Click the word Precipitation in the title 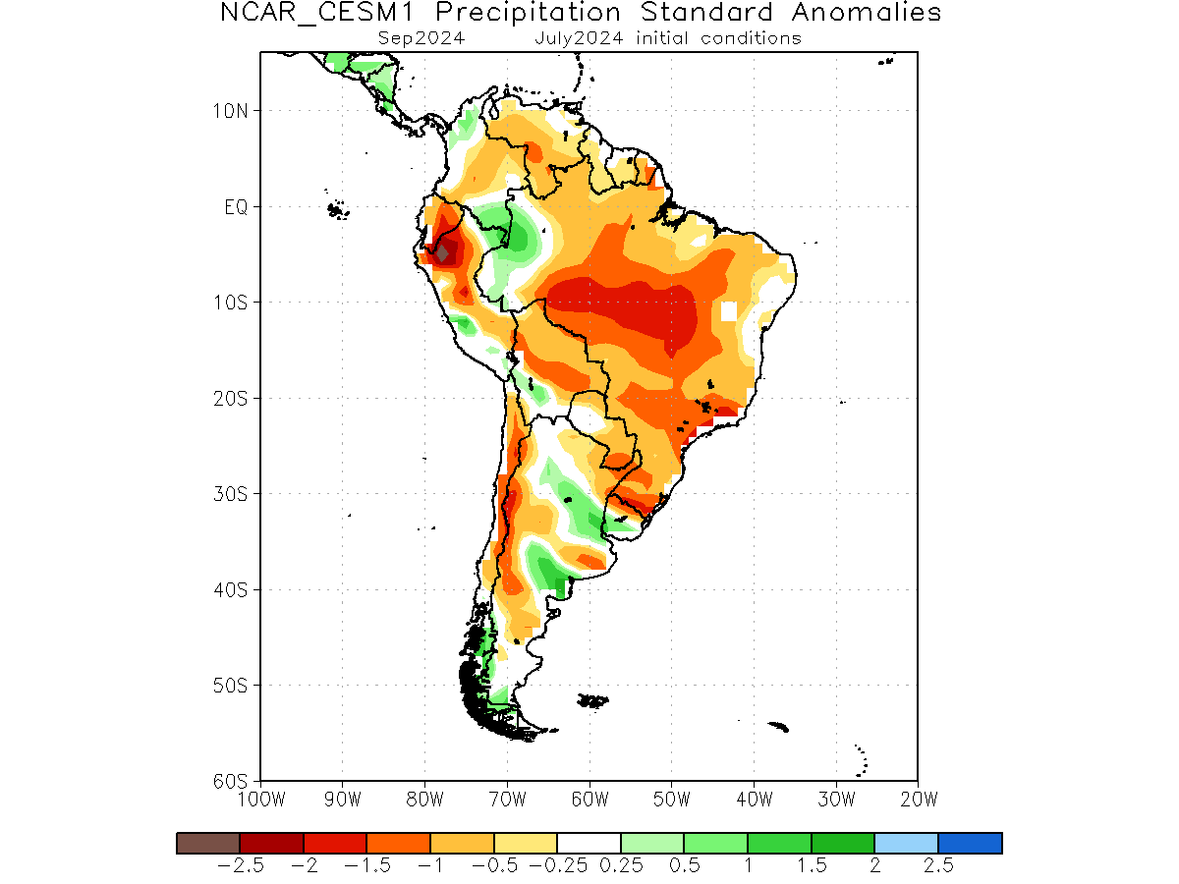tap(528, 12)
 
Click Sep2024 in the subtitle tap(421, 38)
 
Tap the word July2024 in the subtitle tap(579, 38)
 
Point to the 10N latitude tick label tap(231, 111)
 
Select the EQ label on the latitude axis tap(236, 206)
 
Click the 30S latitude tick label tap(231, 493)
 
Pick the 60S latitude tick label tap(231, 781)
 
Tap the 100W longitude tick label tap(261, 800)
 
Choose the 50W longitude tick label tap(671, 800)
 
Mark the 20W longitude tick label tap(919, 800)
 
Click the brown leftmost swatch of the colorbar tap(208, 843)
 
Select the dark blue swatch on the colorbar tap(970, 843)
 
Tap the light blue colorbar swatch tap(907, 843)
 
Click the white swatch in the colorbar tap(589, 843)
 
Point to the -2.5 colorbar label tap(240, 865)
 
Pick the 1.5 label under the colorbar tap(812, 865)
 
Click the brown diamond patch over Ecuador tap(442, 252)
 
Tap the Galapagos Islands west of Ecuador tap(337, 209)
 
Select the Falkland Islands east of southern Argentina tap(592, 701)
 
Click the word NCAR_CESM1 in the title tap(317, 13)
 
